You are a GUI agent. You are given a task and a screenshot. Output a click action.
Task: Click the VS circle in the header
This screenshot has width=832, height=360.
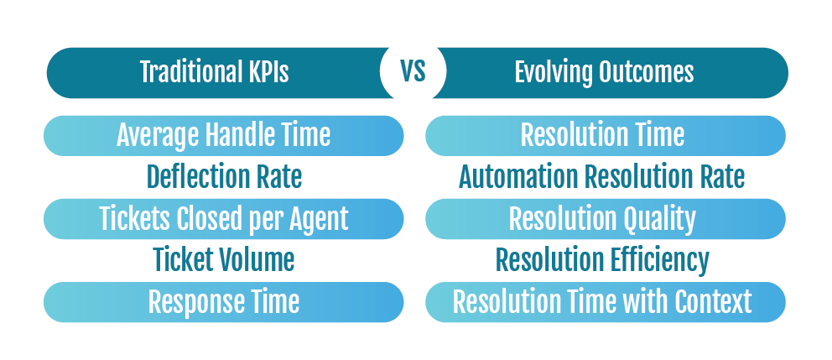[413, 73]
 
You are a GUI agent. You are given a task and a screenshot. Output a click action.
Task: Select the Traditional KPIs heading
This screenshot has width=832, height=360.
[215, 72]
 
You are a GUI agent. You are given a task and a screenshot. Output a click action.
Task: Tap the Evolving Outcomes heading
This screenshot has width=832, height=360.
[604, 73]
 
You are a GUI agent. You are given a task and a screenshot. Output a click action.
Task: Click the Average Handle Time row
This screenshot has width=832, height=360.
[223, 135]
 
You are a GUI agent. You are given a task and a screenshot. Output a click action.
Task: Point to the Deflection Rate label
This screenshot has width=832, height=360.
[225, 177]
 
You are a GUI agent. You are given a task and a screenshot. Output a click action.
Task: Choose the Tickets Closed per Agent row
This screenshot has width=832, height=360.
[223, 219]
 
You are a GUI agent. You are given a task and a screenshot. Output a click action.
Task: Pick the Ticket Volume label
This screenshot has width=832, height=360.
[224, 260]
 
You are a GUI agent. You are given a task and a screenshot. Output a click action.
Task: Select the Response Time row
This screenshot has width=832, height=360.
[223, 301]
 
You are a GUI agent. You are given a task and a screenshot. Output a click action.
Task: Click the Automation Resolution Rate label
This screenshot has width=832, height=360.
[601, 177]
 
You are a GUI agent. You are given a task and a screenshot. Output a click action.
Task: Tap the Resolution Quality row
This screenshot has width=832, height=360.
[606, 219]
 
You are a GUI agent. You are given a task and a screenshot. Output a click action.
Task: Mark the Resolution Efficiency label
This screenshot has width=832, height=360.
[602, 261]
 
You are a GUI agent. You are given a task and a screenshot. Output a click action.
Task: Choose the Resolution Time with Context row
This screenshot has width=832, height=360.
[606, 301]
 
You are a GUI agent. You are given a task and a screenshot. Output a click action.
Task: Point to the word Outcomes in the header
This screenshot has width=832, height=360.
[646, 73]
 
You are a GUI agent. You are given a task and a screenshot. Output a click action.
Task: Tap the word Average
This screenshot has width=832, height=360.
[157, 136]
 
